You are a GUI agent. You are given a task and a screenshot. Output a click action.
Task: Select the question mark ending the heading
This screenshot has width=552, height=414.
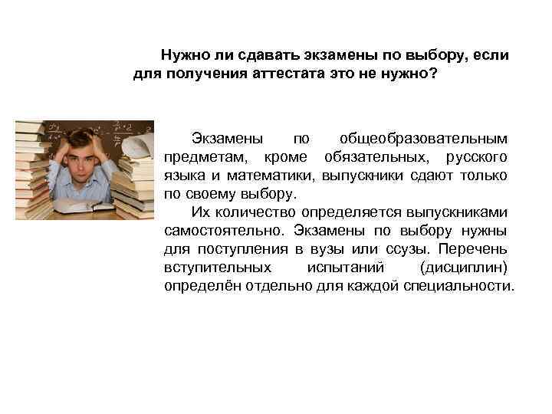(435, 76)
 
